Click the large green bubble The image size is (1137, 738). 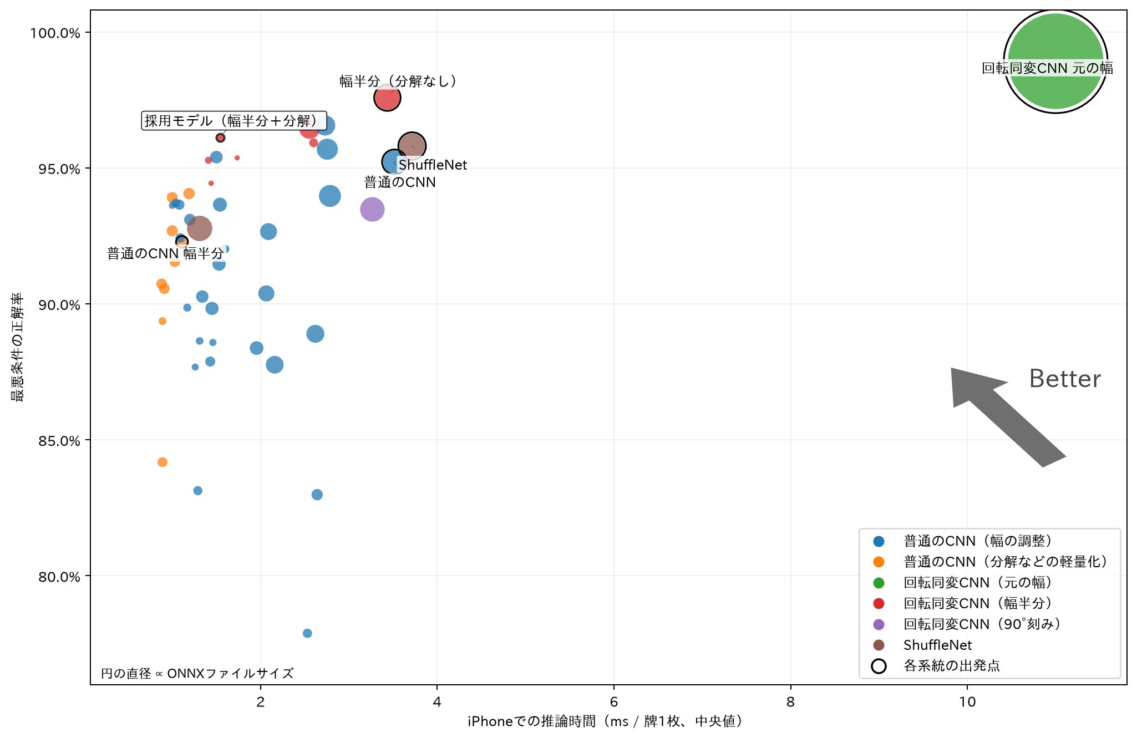pos(1055,62)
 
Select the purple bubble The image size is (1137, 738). pos(372,209)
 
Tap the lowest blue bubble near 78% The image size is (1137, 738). pos(307,633)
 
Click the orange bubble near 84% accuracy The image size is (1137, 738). pos(163,462)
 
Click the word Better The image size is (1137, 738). pos(1065,379)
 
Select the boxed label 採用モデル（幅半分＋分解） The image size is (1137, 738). pos(234,120)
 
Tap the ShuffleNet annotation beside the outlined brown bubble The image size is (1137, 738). pos(433,165)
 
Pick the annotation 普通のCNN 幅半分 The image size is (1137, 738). pos(165,253)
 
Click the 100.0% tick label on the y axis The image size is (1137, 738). pos(55,33)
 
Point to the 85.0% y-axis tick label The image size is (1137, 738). pos(59,441)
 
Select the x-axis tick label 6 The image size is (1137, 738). pos(614,701)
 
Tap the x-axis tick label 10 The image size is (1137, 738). pos(967,701)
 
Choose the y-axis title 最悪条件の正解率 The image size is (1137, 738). pos(17,347)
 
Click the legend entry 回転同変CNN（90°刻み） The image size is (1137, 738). pos(982,624)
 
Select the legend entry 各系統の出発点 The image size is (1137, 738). pos(952,665)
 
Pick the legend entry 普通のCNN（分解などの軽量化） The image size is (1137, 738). pos(1005,562)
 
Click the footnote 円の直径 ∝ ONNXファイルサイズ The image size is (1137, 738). pos(197,673)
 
